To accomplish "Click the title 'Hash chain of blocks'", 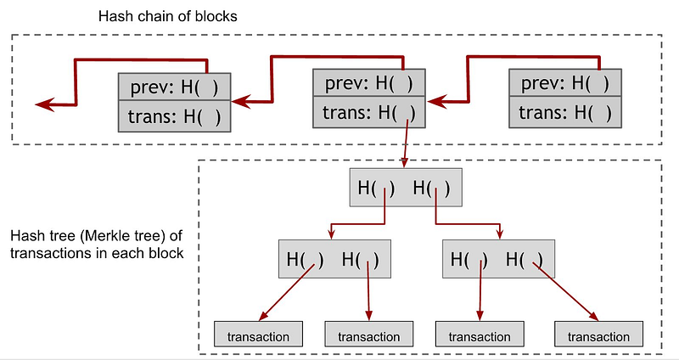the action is [x=167, y=16].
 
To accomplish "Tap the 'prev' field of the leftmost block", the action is [x=175, y=87].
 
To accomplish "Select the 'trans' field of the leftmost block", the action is [x=175, y=116].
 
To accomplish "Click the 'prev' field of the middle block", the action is [x=369, y=82].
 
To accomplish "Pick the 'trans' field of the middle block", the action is [x=369, y=112].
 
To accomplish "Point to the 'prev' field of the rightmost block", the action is [x=565, y=82].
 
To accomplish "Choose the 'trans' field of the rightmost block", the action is [x=565, y=112].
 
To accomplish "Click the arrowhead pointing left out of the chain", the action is [x=44, y=104].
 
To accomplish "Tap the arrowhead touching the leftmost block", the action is [x=241, y=101].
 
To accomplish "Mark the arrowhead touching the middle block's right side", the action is [x=436, y=102].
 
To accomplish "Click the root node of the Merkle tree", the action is [x=406, y=187].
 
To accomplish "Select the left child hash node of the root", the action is [x=334, y=259].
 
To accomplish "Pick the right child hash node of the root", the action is [x=498, y=259].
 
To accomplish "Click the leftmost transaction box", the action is [x=258, y=334].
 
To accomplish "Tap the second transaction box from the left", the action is [x=369, y=334].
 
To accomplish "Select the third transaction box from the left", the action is [x=480, y=334].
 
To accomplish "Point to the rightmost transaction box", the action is [x=599, y=334].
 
